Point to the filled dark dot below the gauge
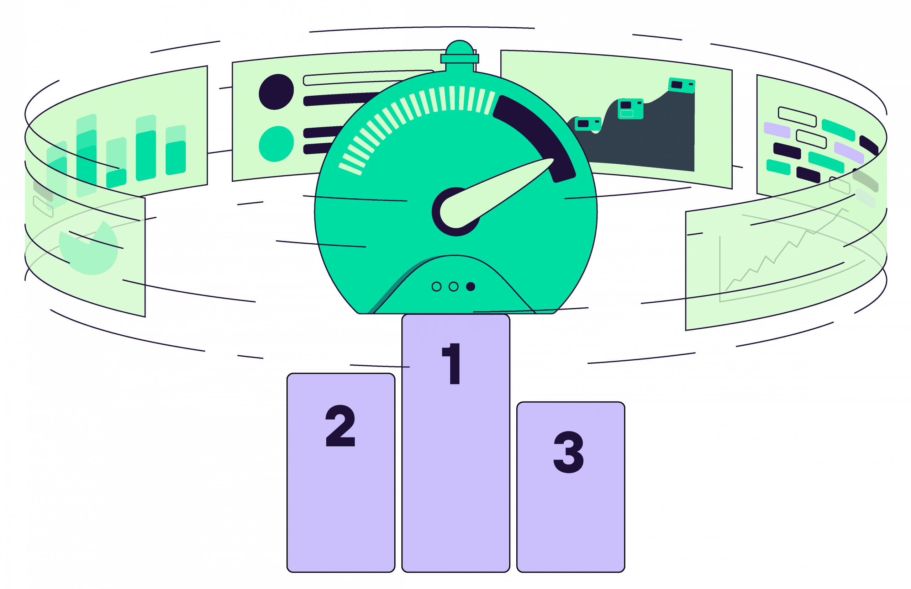point(470,286)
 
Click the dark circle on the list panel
point(276,92)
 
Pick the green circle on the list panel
point(276,144)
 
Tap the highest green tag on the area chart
point(681,85)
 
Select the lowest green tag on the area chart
point(587,123)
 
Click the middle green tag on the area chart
point(630,108)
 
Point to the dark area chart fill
point(651,142)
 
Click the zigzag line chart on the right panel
point(780,253)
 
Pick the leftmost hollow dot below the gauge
point(436,286)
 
